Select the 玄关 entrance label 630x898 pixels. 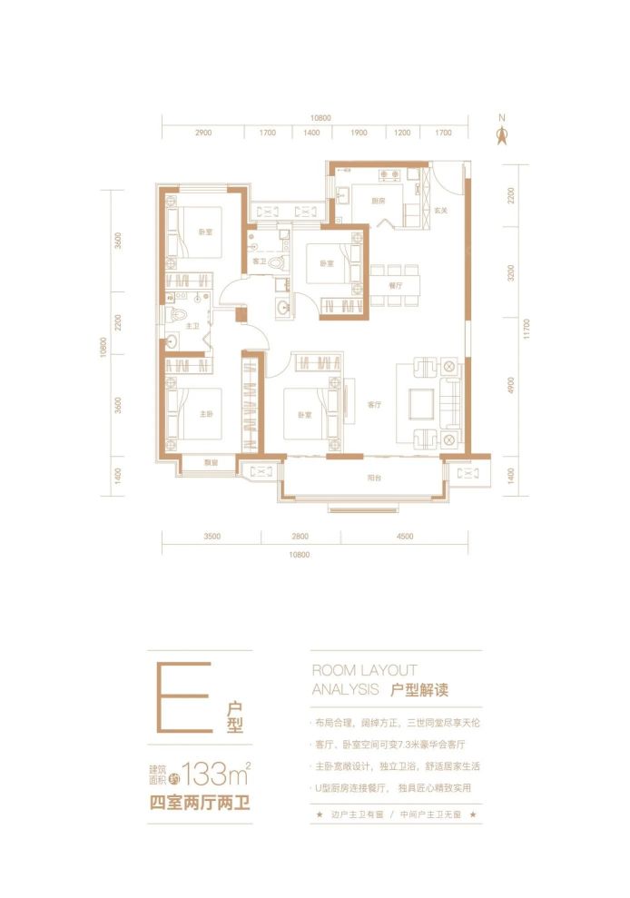coord(440,211)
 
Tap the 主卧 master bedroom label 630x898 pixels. coord(207,413)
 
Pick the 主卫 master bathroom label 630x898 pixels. coord(192,325)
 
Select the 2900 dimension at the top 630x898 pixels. coord(202,133)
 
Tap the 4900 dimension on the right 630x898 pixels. coord(511,386)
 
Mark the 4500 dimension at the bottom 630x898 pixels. coord(405,537)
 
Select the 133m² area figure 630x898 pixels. coord(216,775)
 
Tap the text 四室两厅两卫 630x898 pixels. coord(200,803)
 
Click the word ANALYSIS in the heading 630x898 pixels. coord(345,689)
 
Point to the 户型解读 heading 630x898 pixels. coord(420,689)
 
